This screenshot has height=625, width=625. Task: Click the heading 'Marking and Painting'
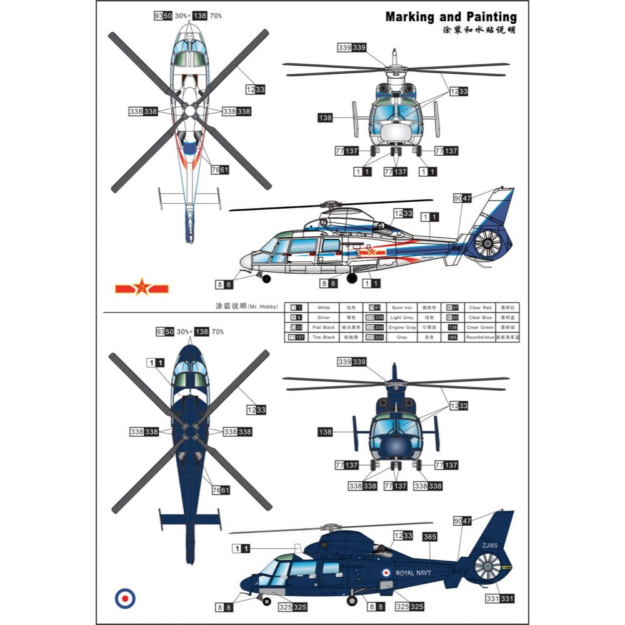(451, 17)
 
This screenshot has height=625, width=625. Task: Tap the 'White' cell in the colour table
(323, 307)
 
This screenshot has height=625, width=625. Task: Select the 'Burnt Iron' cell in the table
(401, 307)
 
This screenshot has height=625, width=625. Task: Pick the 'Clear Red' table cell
(481, 307)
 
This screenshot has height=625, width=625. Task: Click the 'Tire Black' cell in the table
(323, 337)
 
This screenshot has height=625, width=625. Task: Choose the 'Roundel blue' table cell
(481, 337)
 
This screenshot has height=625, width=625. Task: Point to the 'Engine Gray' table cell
(401, 327)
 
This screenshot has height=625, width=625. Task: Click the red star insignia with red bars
(142, 288)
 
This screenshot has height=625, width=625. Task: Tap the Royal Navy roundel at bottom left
(125, 598)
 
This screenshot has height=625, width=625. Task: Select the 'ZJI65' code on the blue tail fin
(490, 546)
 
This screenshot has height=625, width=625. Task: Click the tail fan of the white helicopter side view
(488, 244)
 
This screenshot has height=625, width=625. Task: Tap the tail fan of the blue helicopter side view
(488, 569)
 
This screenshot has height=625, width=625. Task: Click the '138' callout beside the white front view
(325, 117)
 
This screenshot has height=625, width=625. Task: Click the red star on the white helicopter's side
(370, 251)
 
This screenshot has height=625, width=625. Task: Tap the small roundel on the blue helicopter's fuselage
(386, 572)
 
